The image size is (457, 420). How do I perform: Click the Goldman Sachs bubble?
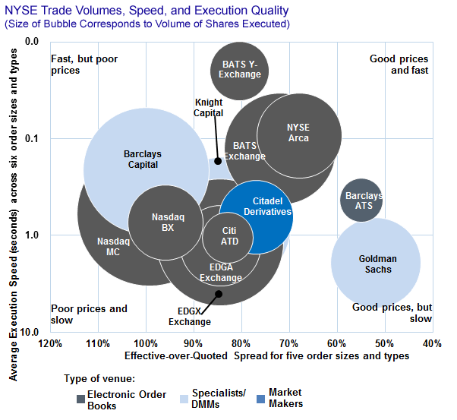point(376,263)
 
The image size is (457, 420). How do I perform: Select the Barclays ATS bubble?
point(361,201)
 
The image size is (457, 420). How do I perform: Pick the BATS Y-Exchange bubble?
point(240,70)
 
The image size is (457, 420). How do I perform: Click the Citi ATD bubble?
point(228,236)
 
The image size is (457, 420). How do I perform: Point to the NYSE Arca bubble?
point(298,134)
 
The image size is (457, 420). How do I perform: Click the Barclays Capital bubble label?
point(143,159)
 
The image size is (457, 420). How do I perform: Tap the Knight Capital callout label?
point(209,108)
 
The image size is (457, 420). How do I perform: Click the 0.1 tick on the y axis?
point(31,138)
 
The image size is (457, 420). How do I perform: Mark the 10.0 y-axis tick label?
point(29,333)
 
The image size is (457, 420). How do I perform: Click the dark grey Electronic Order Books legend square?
point(81,398)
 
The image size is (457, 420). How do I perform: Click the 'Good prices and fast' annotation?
point(399,65)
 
